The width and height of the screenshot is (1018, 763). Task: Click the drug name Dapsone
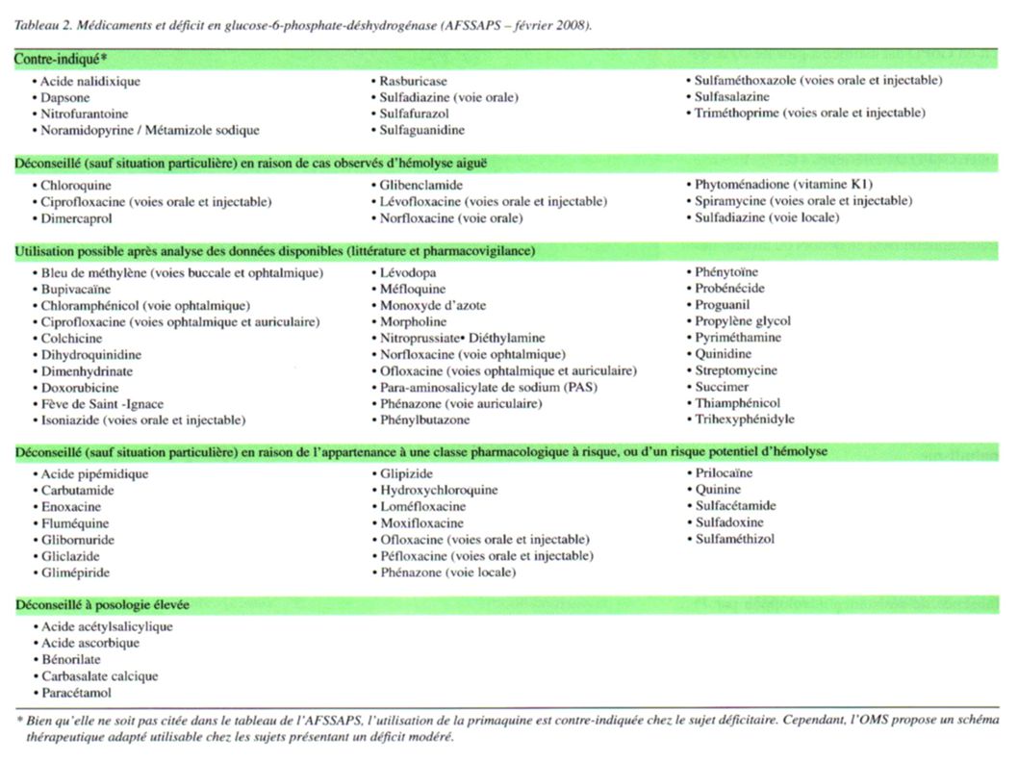click(65, 97)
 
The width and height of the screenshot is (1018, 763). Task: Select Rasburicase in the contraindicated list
click(413, 82)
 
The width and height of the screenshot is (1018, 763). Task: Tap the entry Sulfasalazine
click(732, 97)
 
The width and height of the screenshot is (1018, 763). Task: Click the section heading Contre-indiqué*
click(60, 59)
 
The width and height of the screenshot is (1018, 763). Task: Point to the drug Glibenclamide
click(420, 185)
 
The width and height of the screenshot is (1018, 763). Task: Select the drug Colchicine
click(72, 339)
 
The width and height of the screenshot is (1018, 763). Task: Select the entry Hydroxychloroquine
click(439, 490)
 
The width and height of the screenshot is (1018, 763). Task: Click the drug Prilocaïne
click(724, 473)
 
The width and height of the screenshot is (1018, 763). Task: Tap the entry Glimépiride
click(75, 572)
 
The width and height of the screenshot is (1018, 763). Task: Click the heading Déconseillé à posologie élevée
click(102, 605)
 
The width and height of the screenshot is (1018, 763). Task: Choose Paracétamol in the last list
click(77, 692)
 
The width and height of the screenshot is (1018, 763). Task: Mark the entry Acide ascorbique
click(90, 643)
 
